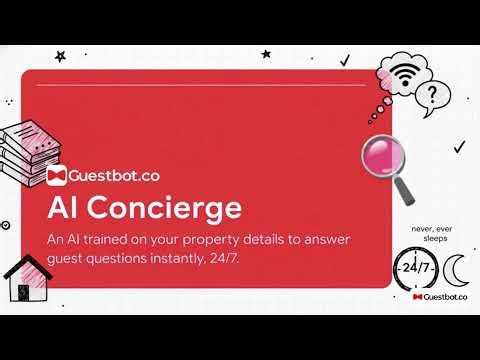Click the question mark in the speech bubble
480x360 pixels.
pos(431,96)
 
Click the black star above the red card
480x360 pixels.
pos(61,56)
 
